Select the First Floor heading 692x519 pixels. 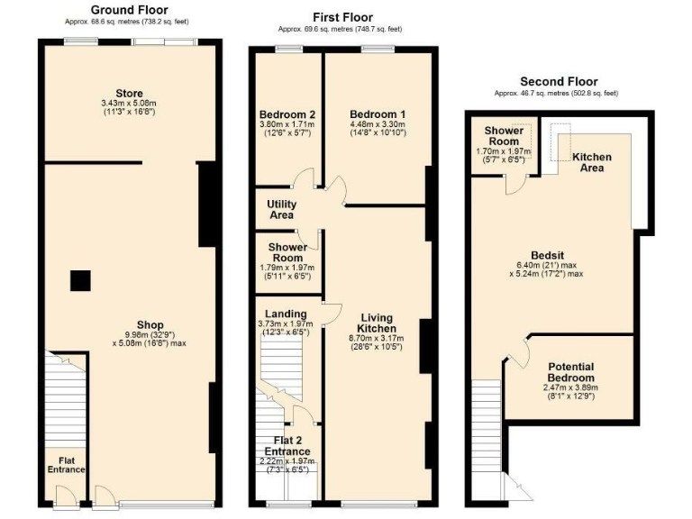click(342, 17)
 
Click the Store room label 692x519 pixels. click(129, 94)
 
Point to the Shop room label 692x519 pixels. click(150, 324)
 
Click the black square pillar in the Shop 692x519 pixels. click(80, 281)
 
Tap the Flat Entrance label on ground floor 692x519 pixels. click(66, 462)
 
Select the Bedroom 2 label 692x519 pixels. click(287, 114)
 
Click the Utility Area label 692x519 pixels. click(281, 210)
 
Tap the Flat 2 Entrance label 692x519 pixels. click(287, 446)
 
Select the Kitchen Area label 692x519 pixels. click(592, 162)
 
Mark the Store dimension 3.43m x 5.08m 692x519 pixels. click(129, 104)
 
